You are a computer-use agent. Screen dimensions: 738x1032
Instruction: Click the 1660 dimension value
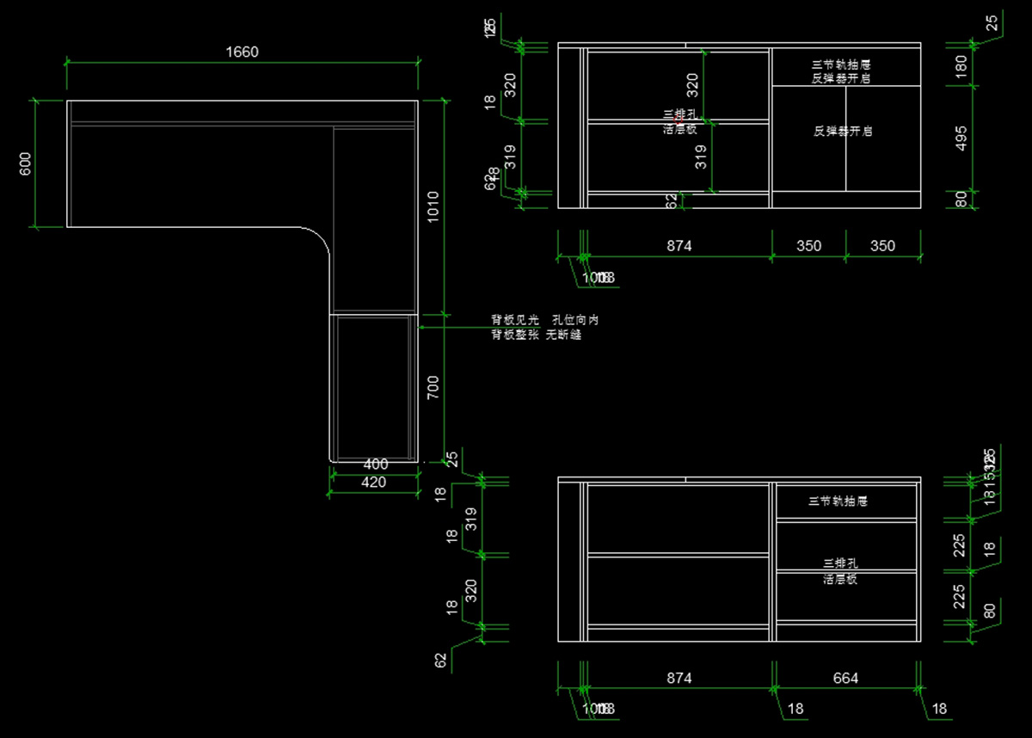pos(242,52)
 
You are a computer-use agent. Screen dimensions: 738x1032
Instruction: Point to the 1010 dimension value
pos(433,206)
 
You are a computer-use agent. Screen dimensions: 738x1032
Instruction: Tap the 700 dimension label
pos(433,390)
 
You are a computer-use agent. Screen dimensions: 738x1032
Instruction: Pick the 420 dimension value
pos(373,483)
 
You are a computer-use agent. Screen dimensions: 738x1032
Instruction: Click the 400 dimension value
pos(376,464)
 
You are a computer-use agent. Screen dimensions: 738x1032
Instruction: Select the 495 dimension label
pos(961,138)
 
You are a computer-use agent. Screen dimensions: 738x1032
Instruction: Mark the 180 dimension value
pos(961,65)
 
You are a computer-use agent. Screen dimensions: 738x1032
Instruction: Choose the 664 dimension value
pos(845,679)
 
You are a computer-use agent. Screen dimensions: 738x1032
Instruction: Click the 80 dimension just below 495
pos(961,200)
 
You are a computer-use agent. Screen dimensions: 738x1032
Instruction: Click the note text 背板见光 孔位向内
pos(544,320)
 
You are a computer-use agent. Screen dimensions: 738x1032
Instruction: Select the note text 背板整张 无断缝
pos(536,335)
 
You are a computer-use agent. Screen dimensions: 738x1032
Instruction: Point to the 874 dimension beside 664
pos(679,679)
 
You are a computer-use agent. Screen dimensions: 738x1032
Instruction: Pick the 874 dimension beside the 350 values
pos(679,246)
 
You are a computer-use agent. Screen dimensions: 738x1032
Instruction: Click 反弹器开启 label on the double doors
pos(843,132)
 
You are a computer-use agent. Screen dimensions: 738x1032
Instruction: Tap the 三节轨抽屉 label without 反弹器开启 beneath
pos(838,501)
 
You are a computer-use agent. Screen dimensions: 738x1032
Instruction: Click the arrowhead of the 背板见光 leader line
pos(421,327)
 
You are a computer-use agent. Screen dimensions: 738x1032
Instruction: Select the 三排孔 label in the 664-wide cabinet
pos(840,563)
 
